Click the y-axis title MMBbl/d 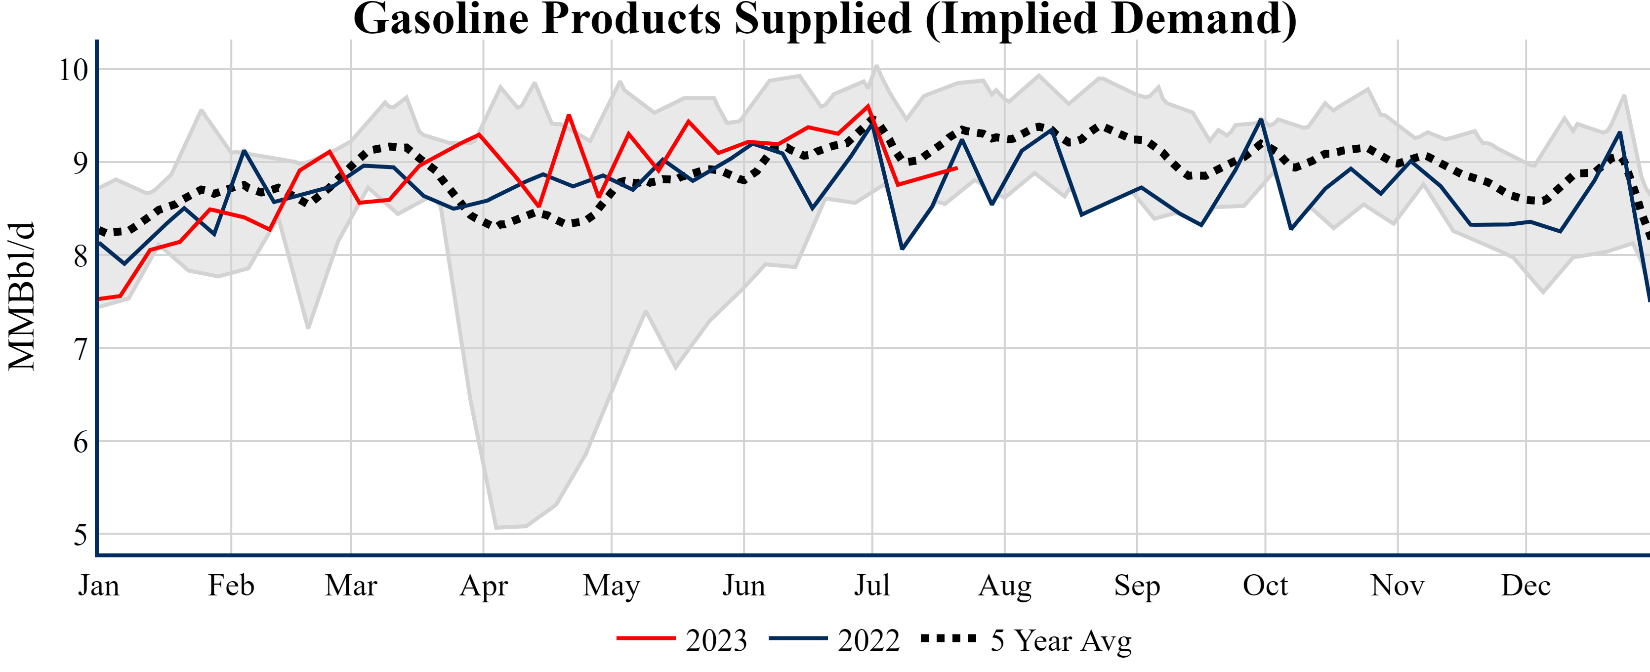click(x=22, y=296)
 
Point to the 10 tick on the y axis click(x=73, y=70)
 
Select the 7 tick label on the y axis click(x=80, y=349)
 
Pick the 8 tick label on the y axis click(x=80, y=256)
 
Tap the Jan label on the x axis click(x=99, y=585)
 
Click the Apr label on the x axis click(x=484, y=585)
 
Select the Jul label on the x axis click(x=872, y=585)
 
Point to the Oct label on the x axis click(x=1265, y=585)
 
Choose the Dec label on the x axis click(x=1526, y=585)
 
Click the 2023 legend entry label click(x=716, y=640)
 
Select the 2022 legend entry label click(x=868, y=640)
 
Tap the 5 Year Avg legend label click(x=1061, y=640)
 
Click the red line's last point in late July click(x=956, y=168)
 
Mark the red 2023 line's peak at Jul click(x=868, y=106)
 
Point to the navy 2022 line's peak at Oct click(x=1261, y=119)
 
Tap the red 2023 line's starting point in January click(x=99, y=299)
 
